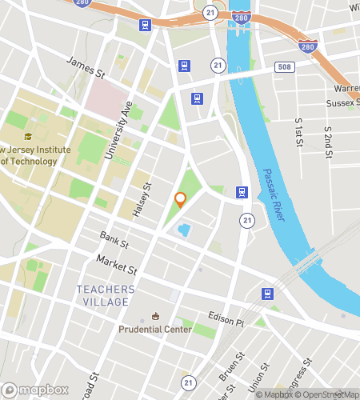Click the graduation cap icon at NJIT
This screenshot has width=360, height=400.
(x=29, y=137)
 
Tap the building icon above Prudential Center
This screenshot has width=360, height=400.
(x=156, y=316)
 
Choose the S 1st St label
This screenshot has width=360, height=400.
(x=298, y=128)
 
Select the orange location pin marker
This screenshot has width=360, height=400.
(x=181, y=201)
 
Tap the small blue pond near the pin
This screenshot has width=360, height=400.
(x=183, y=230)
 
